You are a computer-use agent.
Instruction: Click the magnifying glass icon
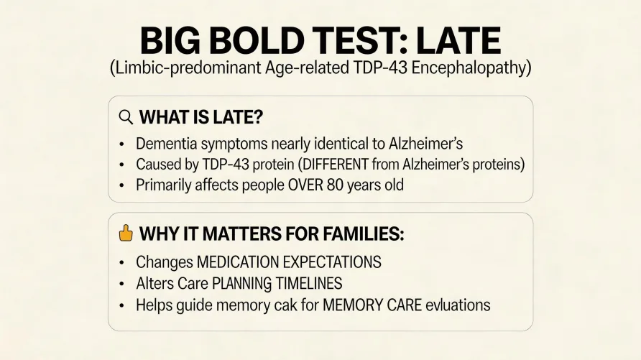(126, 117)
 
